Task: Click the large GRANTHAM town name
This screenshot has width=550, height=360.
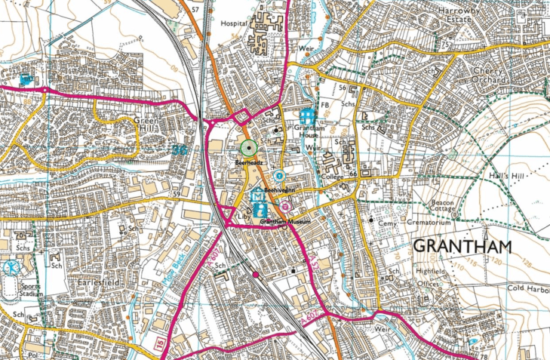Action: click(x=462, y=247)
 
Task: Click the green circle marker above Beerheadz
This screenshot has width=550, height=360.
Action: click(x=248, y=147)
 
